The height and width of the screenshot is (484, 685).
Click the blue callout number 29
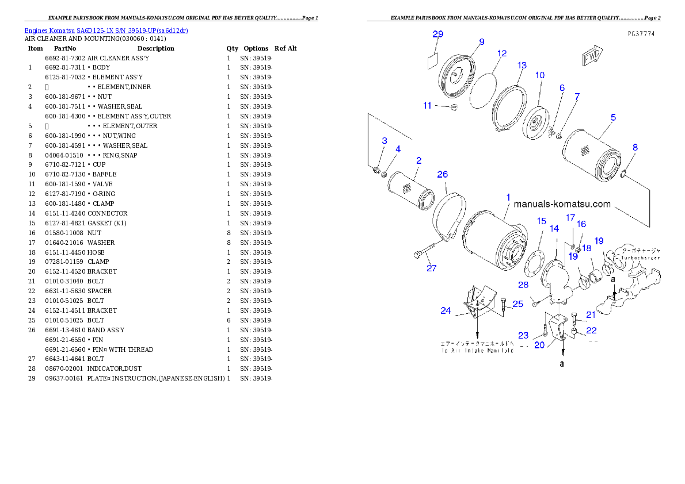point(437,34)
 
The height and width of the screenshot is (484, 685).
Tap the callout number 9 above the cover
point(481,41)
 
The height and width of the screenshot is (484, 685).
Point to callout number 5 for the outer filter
point(613,117)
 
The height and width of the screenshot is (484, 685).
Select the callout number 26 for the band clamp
point(442,174)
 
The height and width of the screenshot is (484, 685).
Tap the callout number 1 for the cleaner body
point(508,197)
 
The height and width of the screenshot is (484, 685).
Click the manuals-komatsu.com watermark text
point(562,203)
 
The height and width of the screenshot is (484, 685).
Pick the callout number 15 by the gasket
point(541,221)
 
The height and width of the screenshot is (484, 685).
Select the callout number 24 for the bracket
point(446,311)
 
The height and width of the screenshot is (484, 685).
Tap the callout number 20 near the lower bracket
point(539,345)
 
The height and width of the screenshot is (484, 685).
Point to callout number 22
point(591,331)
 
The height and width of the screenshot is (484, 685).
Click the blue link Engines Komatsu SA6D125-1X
point(106,30)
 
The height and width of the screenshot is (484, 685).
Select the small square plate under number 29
point(433,61)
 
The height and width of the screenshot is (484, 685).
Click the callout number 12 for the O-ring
point(502,53)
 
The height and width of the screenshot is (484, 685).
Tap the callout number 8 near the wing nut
point(634,147)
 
